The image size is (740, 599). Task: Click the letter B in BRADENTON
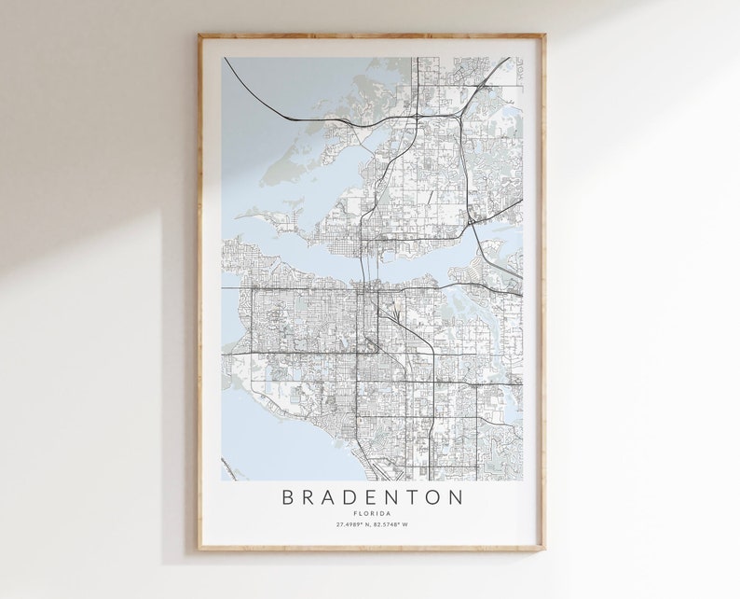tap(287, 497)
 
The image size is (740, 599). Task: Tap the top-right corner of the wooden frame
tap(545, 35)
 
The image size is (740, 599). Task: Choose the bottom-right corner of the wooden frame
tap(545, 550)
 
